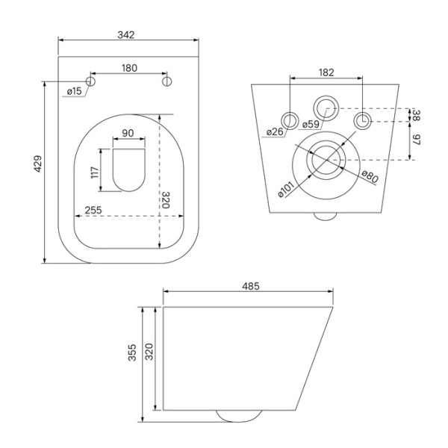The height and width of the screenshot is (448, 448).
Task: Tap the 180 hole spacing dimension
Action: pyautogui.click(x=129, y=68)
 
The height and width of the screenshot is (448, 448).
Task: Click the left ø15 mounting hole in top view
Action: pyautogui.click(x=92, y=80)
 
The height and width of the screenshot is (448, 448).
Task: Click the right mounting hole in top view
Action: pyautogui.click(x=167, y=80)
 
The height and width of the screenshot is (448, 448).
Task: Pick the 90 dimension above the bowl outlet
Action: pyautogui.click(x=128, y=134)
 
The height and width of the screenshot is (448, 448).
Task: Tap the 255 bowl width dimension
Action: pyautogui.click(x=93, y=211)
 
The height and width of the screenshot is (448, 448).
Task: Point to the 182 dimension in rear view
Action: pyautogui.click(x=326, y=72)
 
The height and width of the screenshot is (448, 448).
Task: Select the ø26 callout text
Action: pyautogui.click(x=275, y=133)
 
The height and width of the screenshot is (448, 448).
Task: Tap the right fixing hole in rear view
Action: pyautogui.click(x=362, y=120)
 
